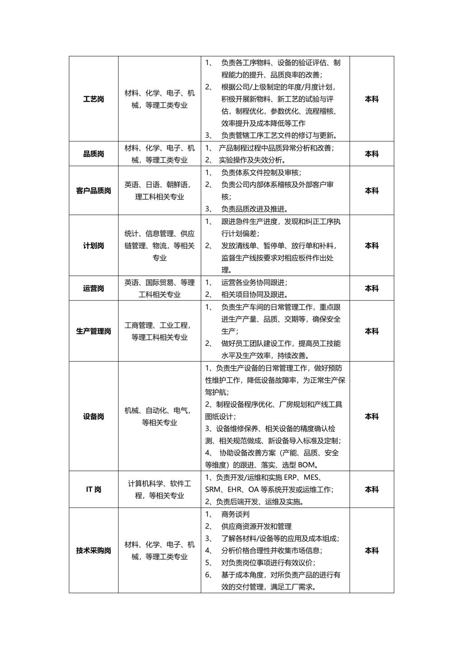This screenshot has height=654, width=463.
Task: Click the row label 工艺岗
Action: (x=94, y=99)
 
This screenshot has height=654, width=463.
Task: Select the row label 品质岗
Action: (x=94, y=154)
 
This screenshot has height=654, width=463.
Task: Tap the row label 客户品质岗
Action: (x=94, y=191)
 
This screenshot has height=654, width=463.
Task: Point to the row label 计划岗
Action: (x=94, y=246)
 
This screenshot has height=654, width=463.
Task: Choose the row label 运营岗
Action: (x=94, y=288)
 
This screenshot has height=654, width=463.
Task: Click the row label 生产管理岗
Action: (x=94, y=331)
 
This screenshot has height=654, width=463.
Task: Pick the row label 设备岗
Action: (x=94, y=416)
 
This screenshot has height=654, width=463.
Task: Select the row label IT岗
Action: (x=94, y=490)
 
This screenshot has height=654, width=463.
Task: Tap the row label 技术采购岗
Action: (x=94, y=551)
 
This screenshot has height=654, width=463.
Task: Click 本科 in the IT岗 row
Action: (x=372, y=490)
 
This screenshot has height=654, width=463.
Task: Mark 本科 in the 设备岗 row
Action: (x=372, y=416)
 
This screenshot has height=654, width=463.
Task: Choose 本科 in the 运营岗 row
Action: (x=372, y=288)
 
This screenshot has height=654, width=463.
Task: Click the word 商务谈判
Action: (x=235, y=514)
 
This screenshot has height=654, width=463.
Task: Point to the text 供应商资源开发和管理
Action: (x=256, y=526)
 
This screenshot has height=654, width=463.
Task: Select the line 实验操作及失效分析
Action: (x=252, y=160)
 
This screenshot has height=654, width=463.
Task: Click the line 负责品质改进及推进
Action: (x=255, y=209)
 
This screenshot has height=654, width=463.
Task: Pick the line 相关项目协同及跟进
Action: (x=255, y=294)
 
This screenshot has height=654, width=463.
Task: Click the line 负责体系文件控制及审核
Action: (x=261, y=172)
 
